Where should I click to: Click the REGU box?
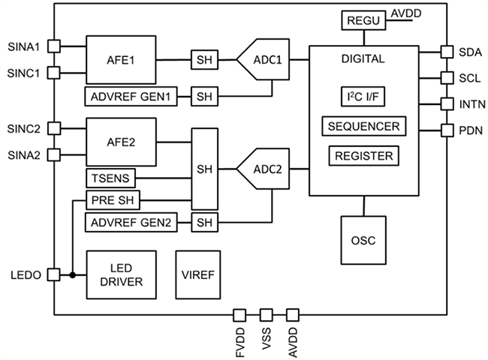pyautogui.click(x=365, y=21)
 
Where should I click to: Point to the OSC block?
pyautogui.click(x=363, y=241)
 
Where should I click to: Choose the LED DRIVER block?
pyautogui.click(x=122, y=274)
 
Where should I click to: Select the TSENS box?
pyautogui.click(x=110, y=178)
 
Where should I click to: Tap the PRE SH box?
pyautogui.click(x=113, y=200)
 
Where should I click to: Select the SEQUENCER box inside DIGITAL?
pyautogui.click(x=364, y=125)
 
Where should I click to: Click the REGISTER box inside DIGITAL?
pyautogui.click(x=364, y=156)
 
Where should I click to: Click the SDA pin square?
pyautogui.click(x=447, y=52)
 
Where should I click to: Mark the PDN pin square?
pyautogui.click(x=447, y=130)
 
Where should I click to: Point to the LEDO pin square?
pyautogui.click(x=53, y=274)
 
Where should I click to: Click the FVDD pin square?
pyautogui.click(x=240, y=314)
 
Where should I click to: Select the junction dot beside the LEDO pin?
pyautogui.click(x=72, y=274)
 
